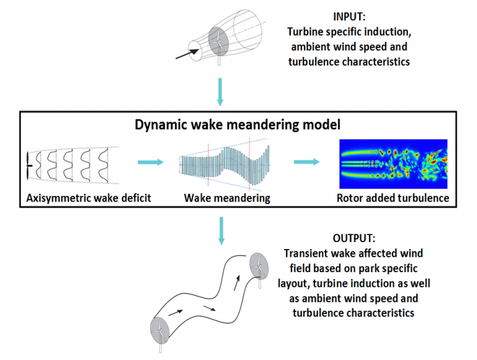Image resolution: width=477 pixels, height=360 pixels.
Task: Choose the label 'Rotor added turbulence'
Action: (394, 198)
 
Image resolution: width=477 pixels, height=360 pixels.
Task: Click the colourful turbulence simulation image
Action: (393, 164)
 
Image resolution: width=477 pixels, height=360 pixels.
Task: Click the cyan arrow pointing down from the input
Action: (220, 92)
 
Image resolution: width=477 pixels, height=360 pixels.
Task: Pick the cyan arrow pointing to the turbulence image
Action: (305, 163)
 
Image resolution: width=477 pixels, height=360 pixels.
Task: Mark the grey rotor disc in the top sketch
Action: (216, 41)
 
